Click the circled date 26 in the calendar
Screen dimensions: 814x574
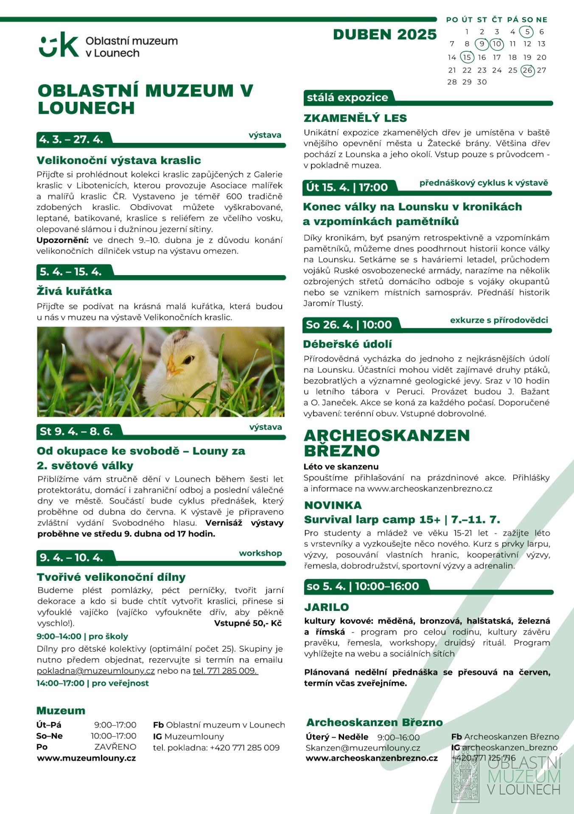pos(527,70)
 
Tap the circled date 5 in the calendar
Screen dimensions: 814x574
pos(527,32)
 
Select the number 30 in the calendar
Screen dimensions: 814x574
pos(482,82)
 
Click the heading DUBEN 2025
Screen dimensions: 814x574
pos(385,35)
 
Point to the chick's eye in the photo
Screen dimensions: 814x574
pos(187,360)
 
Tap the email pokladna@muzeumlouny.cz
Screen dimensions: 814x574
pos(96,671)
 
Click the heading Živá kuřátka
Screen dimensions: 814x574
pos(75,291)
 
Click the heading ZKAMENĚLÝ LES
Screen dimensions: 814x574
pos(355,118)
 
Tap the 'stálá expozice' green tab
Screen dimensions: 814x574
pos(347,98)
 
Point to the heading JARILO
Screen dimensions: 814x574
pos(327,607)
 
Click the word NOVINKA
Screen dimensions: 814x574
pos(333,505)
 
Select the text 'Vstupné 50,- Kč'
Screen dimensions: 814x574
pos(248,623)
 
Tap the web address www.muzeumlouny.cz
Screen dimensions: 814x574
pos(87,758)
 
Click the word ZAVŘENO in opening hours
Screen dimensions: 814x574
pos(115,747)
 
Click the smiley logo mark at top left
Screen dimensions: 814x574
pos(59,45)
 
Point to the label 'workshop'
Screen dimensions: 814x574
pos(260,553)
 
